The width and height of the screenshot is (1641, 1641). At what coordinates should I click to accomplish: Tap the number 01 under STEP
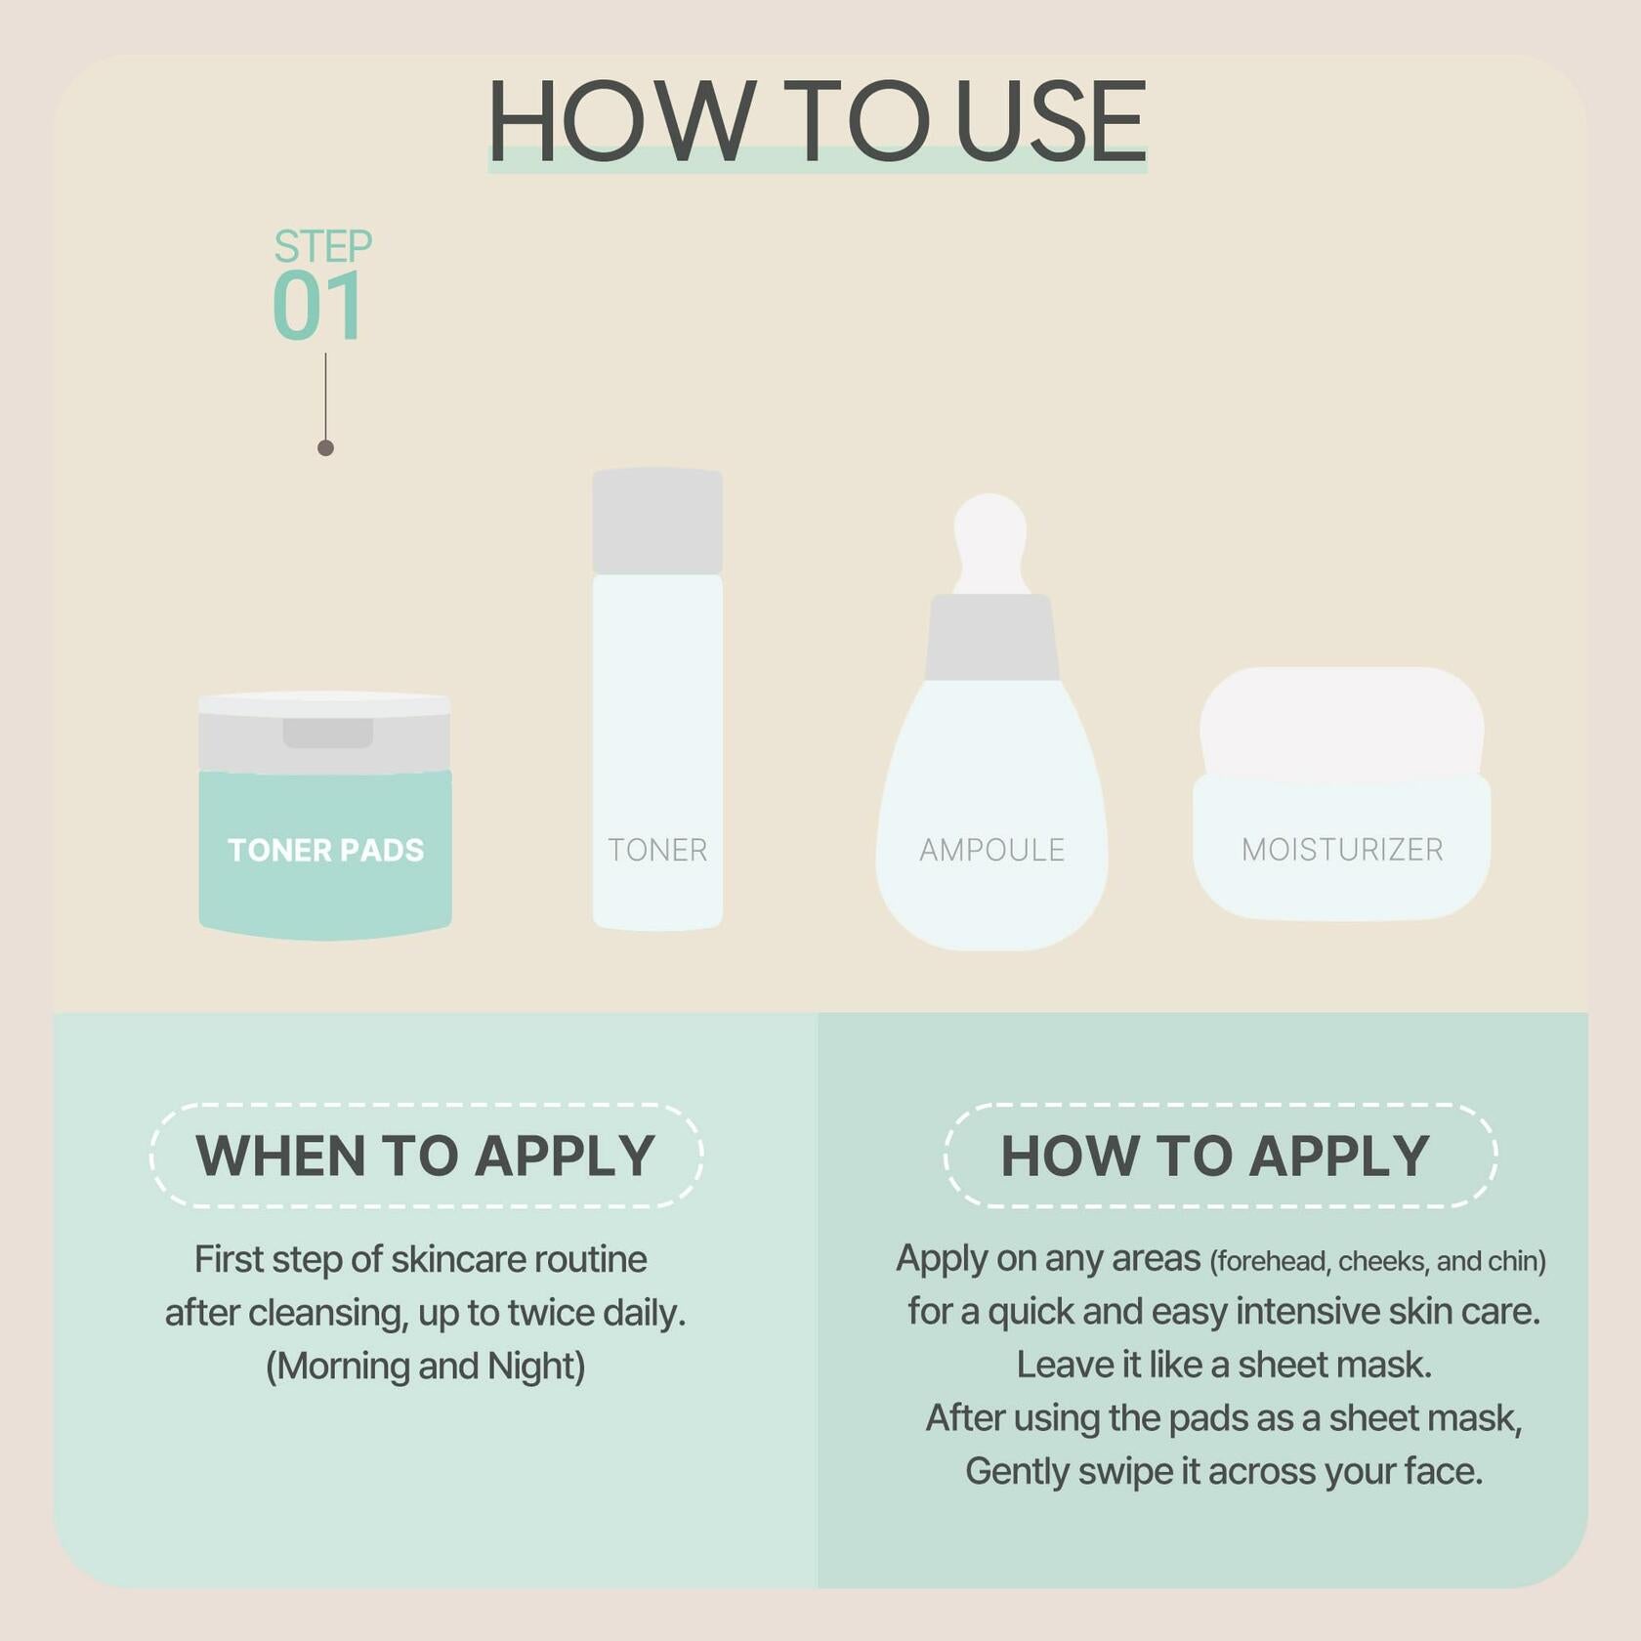coord(318,306)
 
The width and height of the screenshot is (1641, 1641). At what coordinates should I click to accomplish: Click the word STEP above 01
coord(322,246)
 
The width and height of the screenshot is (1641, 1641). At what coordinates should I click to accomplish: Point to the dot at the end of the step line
coord(325,448)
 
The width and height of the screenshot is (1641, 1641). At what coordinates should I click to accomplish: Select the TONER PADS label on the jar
coord(325,850)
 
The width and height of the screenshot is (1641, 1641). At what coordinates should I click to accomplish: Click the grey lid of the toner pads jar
coord(324,733)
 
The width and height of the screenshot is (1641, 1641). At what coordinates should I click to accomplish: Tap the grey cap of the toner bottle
coord(657,521)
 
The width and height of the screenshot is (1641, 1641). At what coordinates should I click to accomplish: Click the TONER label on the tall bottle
coord(657,850)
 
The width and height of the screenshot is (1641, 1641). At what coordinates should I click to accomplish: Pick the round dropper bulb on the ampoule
coord(990,542)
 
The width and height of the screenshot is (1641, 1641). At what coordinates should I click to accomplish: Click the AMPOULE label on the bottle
coord(991,850)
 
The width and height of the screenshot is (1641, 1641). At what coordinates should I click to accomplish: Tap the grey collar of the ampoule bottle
coord(991,637)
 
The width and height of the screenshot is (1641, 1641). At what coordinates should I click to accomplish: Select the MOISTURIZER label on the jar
coord(1342,850)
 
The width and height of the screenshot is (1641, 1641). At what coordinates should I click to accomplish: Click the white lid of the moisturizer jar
coord(1342,723)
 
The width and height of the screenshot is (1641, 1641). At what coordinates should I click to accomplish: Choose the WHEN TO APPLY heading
coord(425,1156)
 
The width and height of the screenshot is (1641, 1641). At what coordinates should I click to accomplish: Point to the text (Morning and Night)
coord(426,1366)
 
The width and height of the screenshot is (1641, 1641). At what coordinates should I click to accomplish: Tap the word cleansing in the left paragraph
coord(327,1314)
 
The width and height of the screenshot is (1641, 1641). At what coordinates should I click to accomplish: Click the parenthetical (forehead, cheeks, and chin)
coord(1377,1261)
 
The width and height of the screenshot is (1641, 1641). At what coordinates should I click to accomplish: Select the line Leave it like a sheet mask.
coord(1224,1365)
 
